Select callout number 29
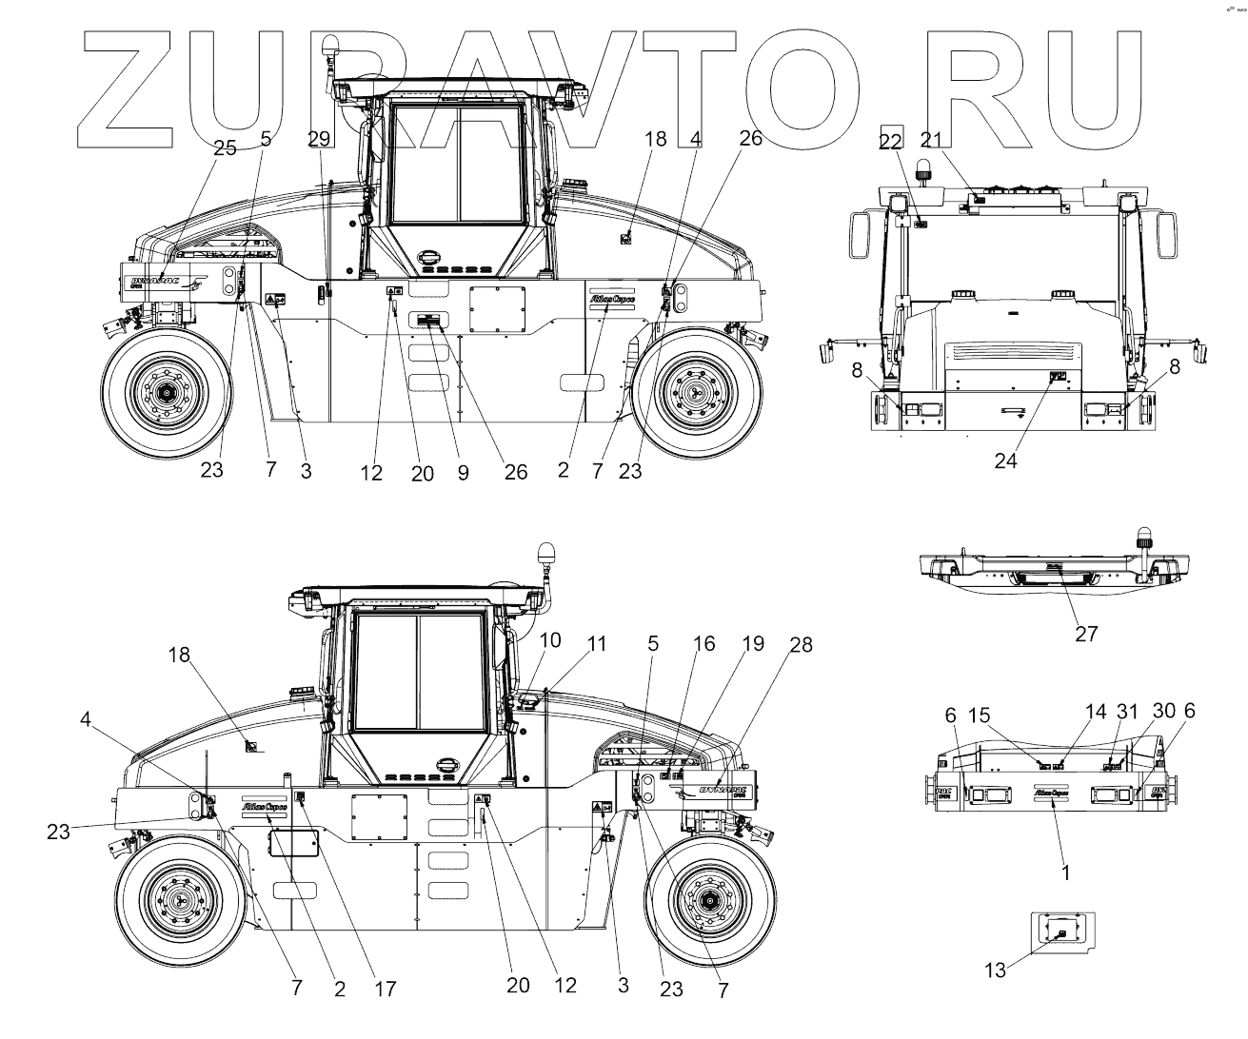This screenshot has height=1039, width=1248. click(x=320, y=138)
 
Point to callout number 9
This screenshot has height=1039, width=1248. click(x=463, y=471)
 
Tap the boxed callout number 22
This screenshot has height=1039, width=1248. click(x=891, y=140)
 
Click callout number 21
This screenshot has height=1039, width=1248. click(x=932, y=140)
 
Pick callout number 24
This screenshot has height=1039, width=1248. click(x=1006, y=461)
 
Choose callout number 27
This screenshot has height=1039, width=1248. click(x=1086, y=633)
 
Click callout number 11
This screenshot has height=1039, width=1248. click(x=596, y=643)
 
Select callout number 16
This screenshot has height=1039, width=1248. click(x=703, y=643)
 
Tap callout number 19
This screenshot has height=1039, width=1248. click(x=753, y=643)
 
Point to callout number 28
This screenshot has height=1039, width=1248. click(x=802, y=645)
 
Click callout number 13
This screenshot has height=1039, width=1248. click(x=995, y=970)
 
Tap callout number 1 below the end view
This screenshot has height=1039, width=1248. click(x=1064, y=871)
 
